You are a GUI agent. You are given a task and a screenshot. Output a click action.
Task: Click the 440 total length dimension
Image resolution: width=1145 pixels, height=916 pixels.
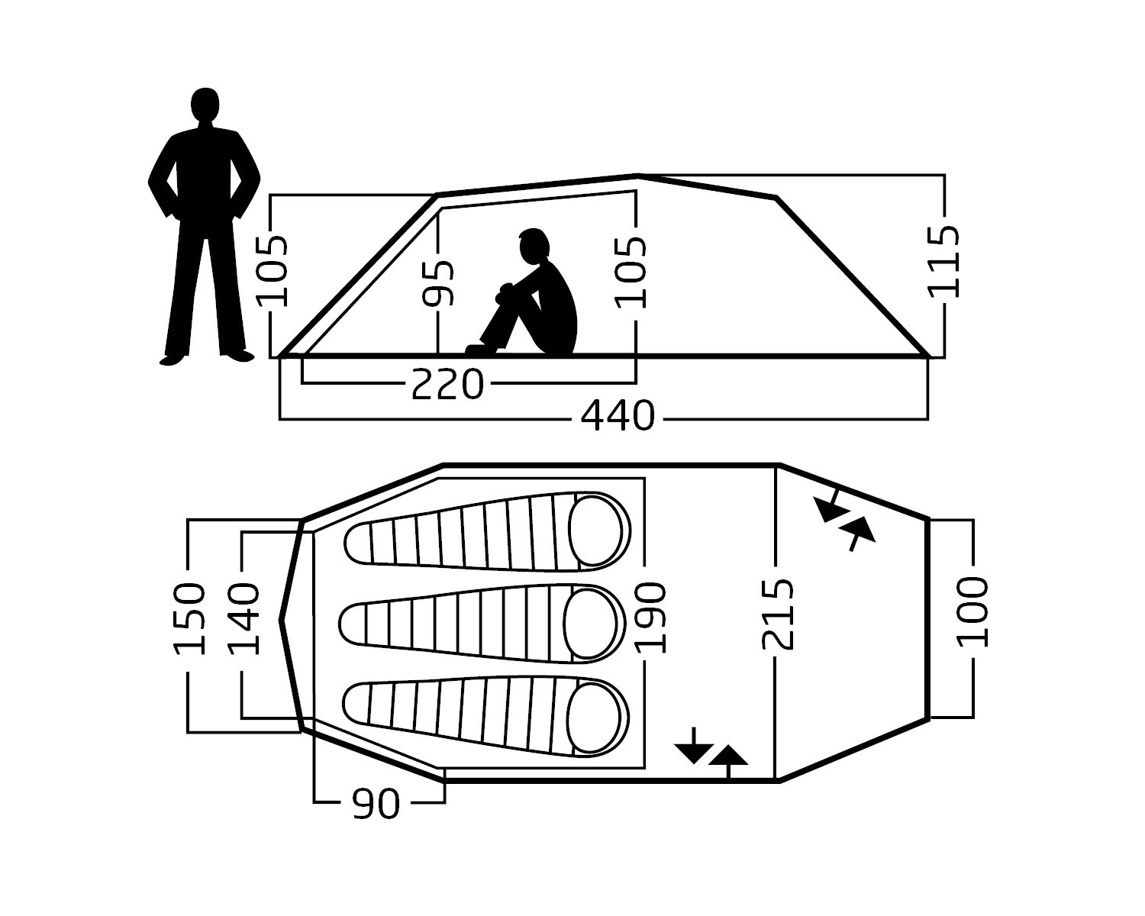tap(618, 416)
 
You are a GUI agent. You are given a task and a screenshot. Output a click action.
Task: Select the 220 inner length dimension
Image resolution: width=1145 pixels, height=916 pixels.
tap(447, 384)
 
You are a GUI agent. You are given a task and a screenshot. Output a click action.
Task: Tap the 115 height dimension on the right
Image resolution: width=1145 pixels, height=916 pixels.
tap(943, 262)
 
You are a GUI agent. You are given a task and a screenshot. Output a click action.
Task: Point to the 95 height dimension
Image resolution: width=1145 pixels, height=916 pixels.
tap(437, 283)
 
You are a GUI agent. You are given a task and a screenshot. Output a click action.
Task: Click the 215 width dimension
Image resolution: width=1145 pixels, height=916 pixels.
tap(778, 614)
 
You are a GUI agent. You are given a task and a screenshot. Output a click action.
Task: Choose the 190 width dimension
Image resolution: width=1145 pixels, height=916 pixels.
tap(650, 618)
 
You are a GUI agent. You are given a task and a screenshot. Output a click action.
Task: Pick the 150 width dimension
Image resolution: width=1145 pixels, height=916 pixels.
tap(189, 618)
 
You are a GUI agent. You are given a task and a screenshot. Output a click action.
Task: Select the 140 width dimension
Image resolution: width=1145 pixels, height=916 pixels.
tap(244, 618)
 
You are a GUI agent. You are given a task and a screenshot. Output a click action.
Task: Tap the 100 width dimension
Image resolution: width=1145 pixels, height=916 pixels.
tap(972, 611)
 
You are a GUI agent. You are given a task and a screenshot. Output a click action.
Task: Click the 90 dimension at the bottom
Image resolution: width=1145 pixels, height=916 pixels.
tap(376, 804)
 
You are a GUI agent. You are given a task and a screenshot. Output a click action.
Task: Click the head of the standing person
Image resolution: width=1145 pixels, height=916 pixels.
tap(205, 105)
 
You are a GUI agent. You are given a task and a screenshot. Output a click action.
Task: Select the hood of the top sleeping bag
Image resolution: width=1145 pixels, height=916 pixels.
tap(595, 531)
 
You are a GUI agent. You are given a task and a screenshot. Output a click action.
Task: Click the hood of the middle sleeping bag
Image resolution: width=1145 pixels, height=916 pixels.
tap(590, 624)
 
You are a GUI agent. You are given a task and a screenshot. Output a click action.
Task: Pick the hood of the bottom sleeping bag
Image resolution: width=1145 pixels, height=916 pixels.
tap(594, 718)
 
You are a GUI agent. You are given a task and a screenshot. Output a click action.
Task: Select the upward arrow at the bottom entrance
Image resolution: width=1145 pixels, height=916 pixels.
tap(728, 762)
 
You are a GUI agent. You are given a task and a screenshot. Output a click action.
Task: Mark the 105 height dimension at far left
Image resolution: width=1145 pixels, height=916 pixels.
tap(272, 272)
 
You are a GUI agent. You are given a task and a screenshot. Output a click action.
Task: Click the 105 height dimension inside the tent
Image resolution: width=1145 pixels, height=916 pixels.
tap(630, 273)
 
